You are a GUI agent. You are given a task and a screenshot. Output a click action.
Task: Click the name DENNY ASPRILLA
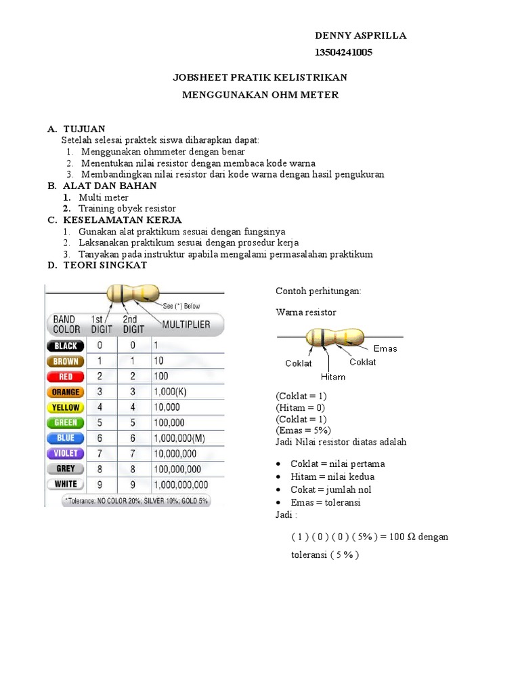point(361,36)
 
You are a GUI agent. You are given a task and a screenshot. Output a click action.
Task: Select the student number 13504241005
point(343,53)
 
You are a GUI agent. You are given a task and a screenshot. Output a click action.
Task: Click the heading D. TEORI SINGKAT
point(97,266)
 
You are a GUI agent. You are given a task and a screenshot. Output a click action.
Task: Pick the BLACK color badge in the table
point(66,346)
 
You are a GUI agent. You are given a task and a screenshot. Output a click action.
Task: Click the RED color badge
point(66,376)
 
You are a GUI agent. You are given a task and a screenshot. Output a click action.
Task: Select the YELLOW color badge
point(66,407)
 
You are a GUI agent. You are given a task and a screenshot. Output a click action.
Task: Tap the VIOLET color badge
point(66,453)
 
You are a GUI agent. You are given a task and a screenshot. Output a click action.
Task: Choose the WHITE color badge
point(66,484)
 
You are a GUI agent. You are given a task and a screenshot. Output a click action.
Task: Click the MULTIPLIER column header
point(186,324)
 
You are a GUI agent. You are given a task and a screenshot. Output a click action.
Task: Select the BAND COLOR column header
point(66,324)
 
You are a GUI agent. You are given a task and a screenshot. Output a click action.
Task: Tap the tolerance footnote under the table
point(135,501)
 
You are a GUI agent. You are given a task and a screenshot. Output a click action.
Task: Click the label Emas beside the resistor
point(385,348)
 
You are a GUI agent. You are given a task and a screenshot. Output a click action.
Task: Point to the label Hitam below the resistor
point(332,377)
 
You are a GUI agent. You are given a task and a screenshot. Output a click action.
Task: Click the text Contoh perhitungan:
point(318,291)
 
